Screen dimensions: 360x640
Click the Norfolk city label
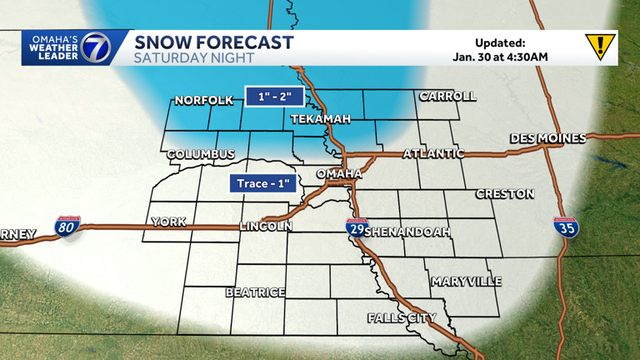pyautogui.click(x=203, y=101)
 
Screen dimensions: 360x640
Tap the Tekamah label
pyautogui.click(x=320, y=120)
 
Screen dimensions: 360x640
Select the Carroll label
pyautogui.click(x=447, y=97)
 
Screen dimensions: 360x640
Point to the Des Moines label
pyautogui.click(x=547, y=138)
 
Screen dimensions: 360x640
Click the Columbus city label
pyautogui.click(x=201, y=155)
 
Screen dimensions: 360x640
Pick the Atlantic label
pyautogui.click(x=433, y=154)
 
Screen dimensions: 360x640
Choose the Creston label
pyautogui.click(x=505, y=194)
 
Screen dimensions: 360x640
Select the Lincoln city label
pyautogui.click(x=266, y=227)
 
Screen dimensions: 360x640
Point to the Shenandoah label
pyautogui.click(x=407, y=231)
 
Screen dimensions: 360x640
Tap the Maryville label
pyautogui.click(x=467, y=282)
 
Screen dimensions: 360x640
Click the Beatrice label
pyautogui.click(x=256, y=292)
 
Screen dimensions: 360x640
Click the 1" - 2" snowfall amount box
pyautogui.click(x=273, y=97)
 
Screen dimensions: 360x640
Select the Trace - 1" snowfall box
pyautogui.click(x=263, y=183)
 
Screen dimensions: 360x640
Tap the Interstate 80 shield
pyautogui.click(x=67, y=227)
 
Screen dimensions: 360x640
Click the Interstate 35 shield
pyautogui.click(x=567, y=227)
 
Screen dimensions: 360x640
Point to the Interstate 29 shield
pyautogui.click(x=357, y=227)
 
